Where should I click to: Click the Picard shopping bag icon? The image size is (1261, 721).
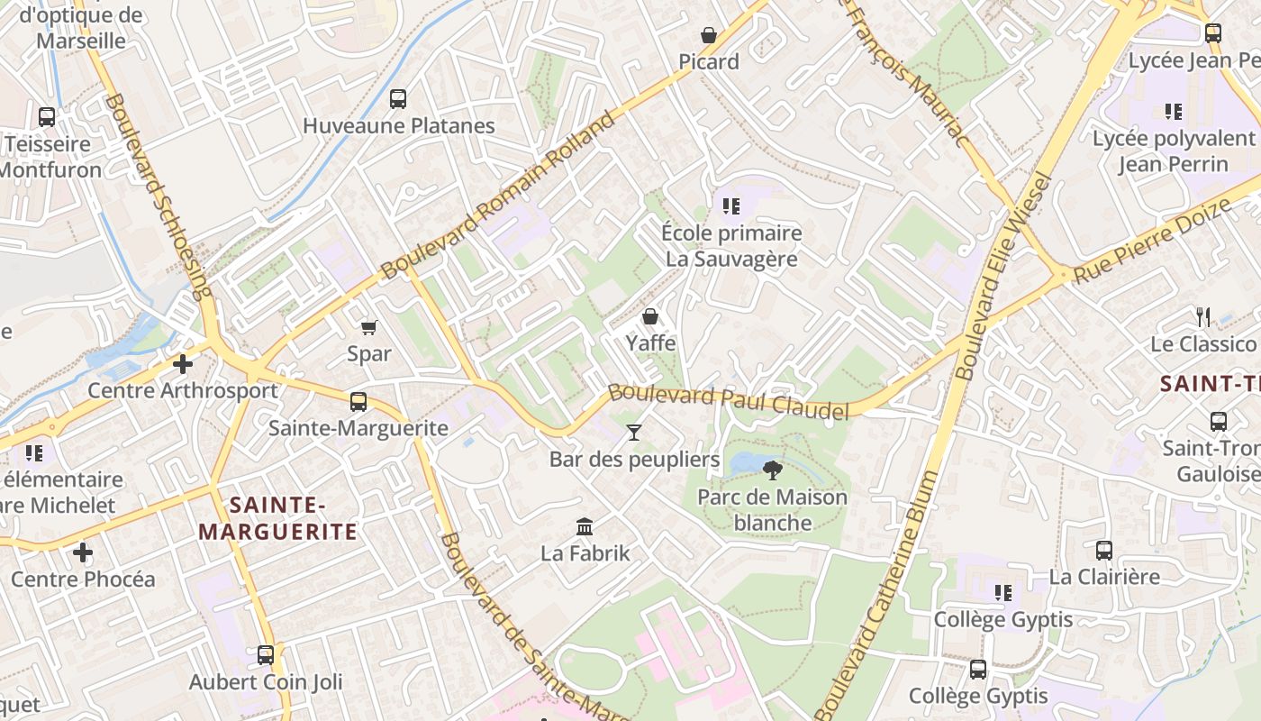pyautogui.click(x=709, y=35)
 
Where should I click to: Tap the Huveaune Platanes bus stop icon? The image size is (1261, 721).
pyautogui.click(x=398, y=99)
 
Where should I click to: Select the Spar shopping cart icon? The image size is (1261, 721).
pyautogui.click(x=368, y=326)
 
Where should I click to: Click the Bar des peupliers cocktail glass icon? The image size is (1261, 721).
pyautogui.click(x=634, y=433)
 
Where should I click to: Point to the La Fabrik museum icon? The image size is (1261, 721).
pyautogui.click(x=585, y=525)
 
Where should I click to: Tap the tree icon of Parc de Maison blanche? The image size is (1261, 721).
pyautogui.click(x=772, y=469)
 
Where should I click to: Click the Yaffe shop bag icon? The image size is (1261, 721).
pyautogui.click(x=650, y=316)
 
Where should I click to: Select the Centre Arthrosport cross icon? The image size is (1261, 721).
pyautogui.click(x=183, y=363)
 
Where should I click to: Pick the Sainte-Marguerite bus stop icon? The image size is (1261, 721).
pyautogui.click(x=358, y=401)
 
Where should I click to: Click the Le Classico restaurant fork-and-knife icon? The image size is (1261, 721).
pyautogui.click(x=1203, y=316)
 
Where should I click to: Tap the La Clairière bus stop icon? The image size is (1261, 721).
pyautogui.click(x=1104, y=550)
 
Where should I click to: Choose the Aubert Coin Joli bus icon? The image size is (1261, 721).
pyautogui.click(x=266, y=654)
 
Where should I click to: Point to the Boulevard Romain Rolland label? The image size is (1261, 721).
pyautogui.click(x=499, y=194)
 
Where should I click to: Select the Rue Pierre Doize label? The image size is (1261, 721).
pyautogui.click(x=1152, y=242)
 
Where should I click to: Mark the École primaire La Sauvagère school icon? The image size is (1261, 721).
pyautogui.click(x=731, y=206)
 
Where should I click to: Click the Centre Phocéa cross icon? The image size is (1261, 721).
pyautogui.click(x=83, y=552)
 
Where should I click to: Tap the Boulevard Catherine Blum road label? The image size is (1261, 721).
pyautogui.click(x=875, y=595)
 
